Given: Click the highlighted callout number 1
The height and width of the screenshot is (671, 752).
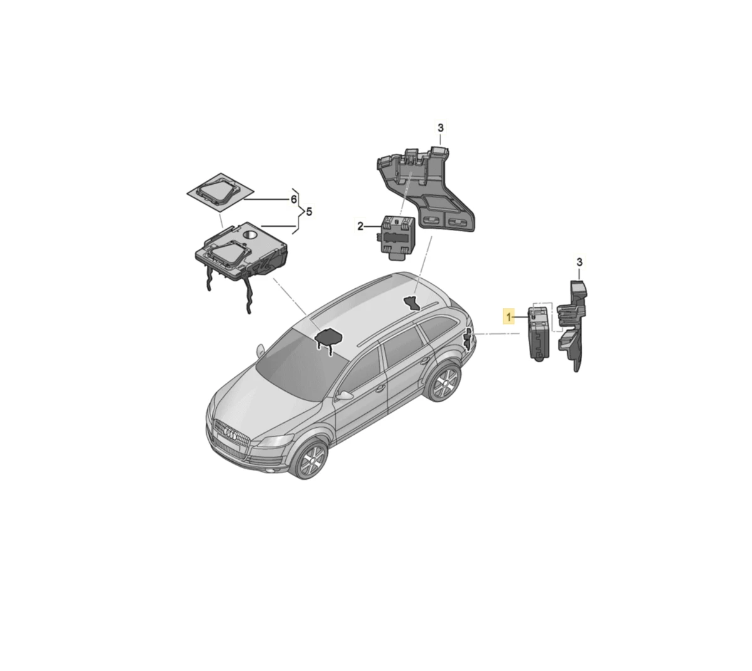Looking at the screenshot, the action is point(508,316).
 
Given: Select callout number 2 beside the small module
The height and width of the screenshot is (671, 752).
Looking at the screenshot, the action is point(360,226).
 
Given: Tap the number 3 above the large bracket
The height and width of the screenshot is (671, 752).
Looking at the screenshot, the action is point(440,128).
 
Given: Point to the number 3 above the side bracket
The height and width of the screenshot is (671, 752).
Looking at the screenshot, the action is point(580,262).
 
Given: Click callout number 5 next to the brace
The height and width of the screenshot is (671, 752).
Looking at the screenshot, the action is point(309,212).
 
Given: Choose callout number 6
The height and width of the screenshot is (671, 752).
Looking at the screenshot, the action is point(294,199).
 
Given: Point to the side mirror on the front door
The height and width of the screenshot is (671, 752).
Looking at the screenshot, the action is point(344,395).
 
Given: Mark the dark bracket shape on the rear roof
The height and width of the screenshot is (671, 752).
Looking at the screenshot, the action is point(412,303).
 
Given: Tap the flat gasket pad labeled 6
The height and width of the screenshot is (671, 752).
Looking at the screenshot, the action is point(221,192).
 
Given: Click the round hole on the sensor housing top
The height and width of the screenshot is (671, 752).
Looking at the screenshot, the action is point(251,234).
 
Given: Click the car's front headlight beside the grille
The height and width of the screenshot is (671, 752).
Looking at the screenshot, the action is point(274,440).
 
